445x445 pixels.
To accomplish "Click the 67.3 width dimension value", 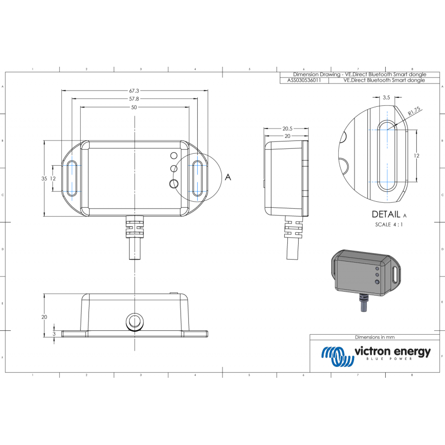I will (x=134, y=91).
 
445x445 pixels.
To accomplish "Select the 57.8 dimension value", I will (x=134, y=99).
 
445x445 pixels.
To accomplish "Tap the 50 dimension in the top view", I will (x=134, y=107).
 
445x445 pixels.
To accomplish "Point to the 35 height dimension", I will (x=44, y=178).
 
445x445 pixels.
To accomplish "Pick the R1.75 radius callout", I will (x=413, y=111).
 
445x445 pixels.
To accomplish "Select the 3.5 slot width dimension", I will (x=387, y=98).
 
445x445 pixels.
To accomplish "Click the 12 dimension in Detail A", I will (x=416, y=155).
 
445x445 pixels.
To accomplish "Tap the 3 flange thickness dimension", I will (x=54, y=334).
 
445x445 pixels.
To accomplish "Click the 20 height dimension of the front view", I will (x=44, y=316).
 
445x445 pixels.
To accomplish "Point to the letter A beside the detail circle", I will (x=228, y=177).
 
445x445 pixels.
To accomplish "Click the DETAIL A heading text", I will (x=389, y=215).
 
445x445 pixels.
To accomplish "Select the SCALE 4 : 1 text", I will (x=389, y=225).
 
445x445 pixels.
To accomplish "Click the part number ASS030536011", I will (x=304, y=80).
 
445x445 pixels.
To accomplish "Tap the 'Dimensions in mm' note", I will (x=374, y=337).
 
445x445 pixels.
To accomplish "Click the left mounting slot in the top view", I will (x=72, y=178).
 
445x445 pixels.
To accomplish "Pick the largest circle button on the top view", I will (x=174, y=183).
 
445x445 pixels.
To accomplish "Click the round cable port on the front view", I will (x=134, y=321).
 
